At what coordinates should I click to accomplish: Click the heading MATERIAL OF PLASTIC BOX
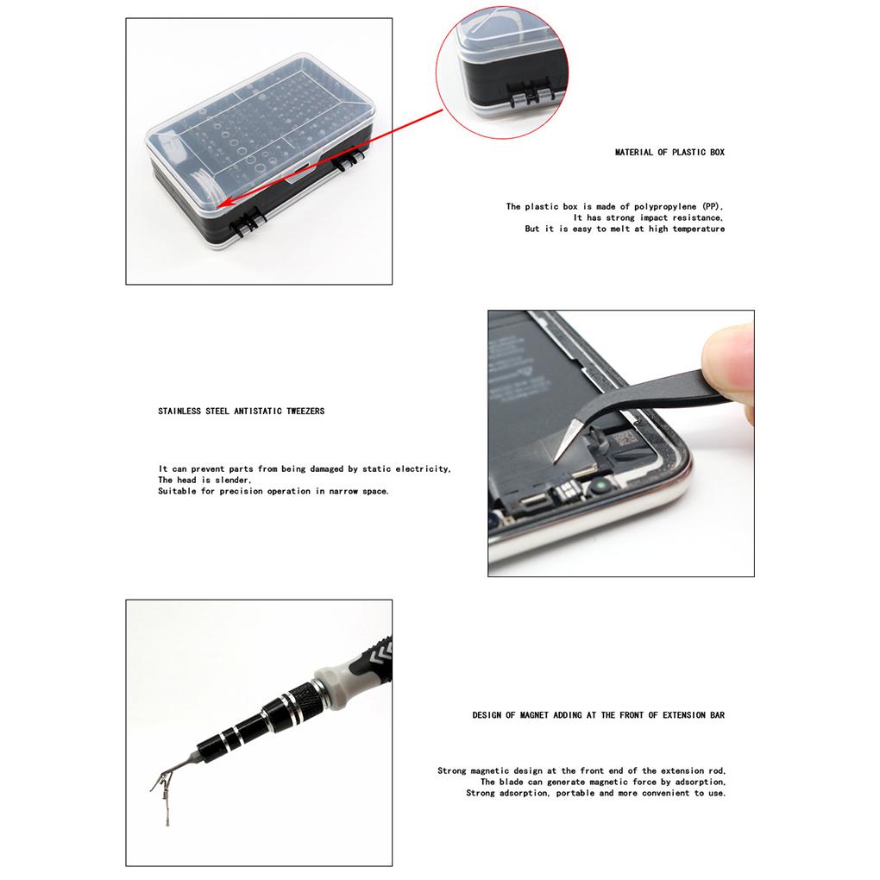coord(669,152)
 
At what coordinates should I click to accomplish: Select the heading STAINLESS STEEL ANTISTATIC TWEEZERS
coord(241,412)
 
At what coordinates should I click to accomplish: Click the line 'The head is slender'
coord(204,480)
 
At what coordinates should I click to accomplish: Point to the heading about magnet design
coord(598,715)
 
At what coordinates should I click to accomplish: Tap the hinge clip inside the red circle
coord(527,94)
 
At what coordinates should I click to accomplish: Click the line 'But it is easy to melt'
coord(625,229)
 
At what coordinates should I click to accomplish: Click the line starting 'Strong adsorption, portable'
coord(595,793)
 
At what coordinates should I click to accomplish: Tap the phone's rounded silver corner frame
coord(673,487)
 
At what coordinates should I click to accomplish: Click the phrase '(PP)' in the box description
coord(712,207)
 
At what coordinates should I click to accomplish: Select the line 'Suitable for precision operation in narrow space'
coord(273,491)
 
